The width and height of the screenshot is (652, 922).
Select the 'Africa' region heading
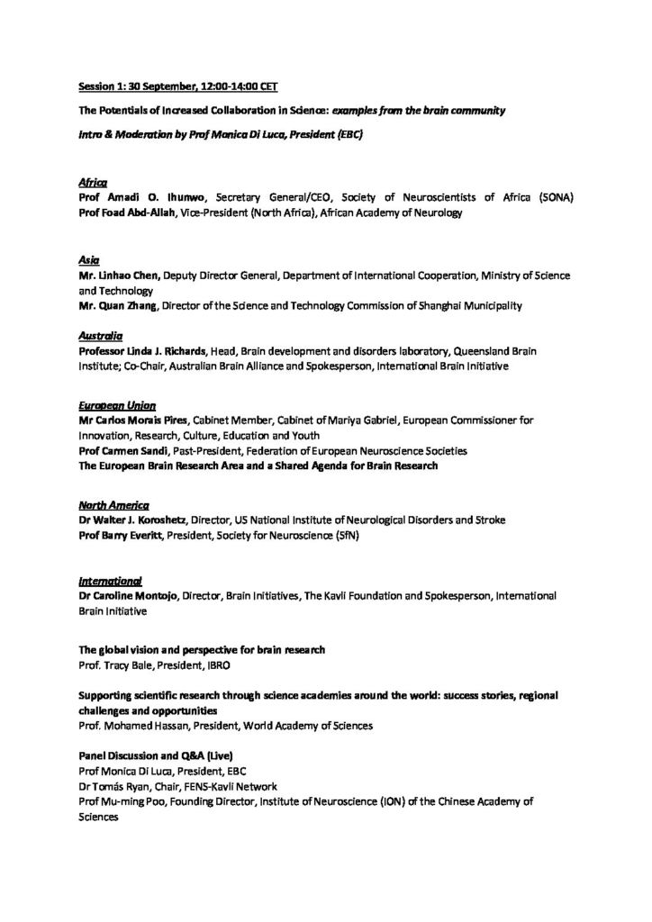(x=91, y=181)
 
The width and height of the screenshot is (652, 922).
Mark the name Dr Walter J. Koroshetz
(x=143, y=520)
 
